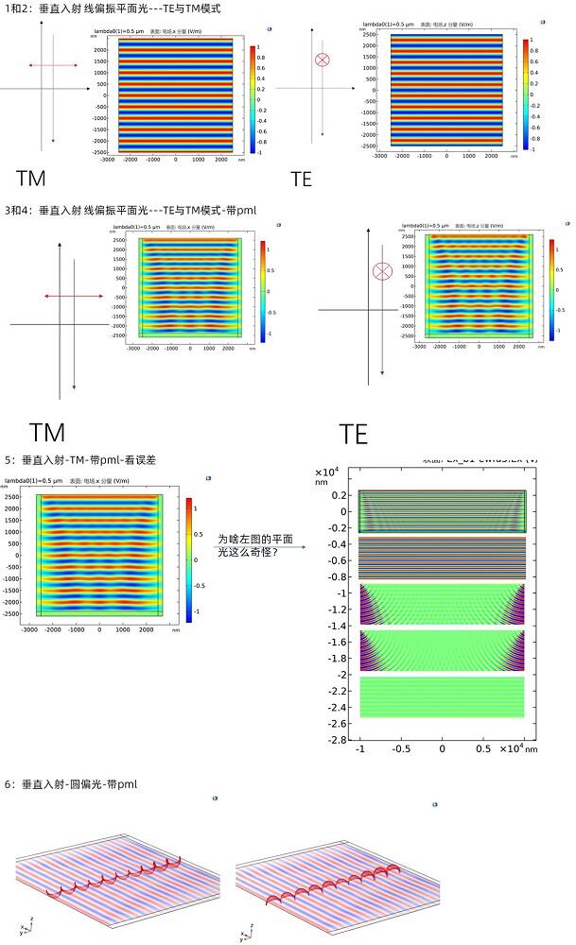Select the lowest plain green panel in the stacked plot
point(442,696)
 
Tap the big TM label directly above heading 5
point(47,433)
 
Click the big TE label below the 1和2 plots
point(301,178)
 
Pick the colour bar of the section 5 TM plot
point(189,558)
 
